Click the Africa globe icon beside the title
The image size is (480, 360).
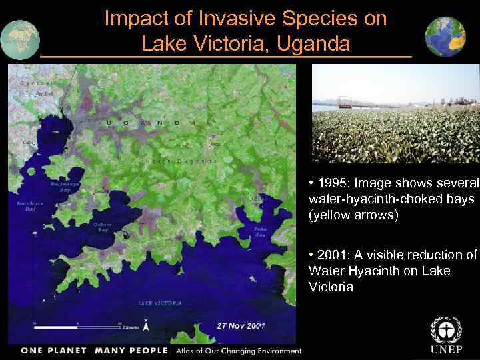(x=19, y=36)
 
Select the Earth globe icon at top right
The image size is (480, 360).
(x=445, y=36)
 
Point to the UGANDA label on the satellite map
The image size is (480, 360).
(x=151, y=123)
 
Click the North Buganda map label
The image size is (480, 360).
(x=181, y=161)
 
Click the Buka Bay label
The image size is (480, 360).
(x=260, y=231)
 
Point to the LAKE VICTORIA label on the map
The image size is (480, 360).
(x=159, y=303)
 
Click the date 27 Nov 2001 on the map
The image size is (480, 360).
(x=241, y=326)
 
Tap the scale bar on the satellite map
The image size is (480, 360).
(x=77, y=327)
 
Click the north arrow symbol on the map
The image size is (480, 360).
(x=146, y=326)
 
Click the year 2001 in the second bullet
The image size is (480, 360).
(x=334, y=255)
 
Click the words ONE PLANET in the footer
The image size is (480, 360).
(x=53, y=351)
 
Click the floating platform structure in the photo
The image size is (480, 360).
(x=345, y=103)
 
